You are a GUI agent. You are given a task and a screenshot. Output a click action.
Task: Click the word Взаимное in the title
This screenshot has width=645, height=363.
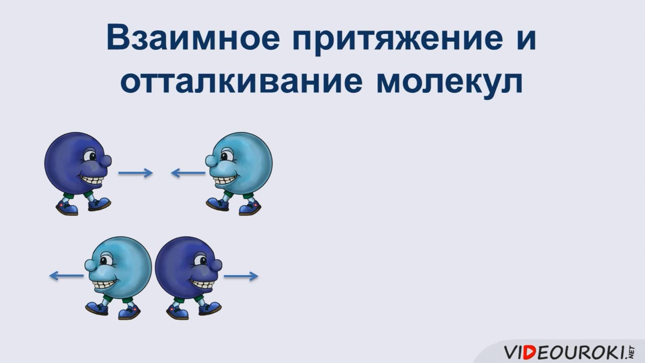(193, 37)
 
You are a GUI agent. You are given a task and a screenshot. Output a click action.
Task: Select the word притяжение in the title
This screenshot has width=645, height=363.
(397, 38)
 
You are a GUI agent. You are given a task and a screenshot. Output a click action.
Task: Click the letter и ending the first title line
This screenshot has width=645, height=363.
(526, 37)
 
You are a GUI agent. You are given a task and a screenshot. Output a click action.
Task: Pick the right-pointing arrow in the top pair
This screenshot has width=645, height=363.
(135, 173)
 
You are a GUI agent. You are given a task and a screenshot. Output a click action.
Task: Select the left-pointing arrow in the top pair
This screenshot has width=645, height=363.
(188, 173)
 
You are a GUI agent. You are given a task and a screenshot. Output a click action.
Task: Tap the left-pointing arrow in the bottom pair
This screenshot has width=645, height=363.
(66, 275)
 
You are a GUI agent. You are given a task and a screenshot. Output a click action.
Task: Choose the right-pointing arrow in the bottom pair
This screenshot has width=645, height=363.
(241, 276)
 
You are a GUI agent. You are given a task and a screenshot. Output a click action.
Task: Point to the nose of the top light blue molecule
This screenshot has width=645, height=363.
(211, 161)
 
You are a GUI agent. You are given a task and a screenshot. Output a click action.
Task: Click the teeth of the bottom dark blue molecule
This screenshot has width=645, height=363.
(204, 283)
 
